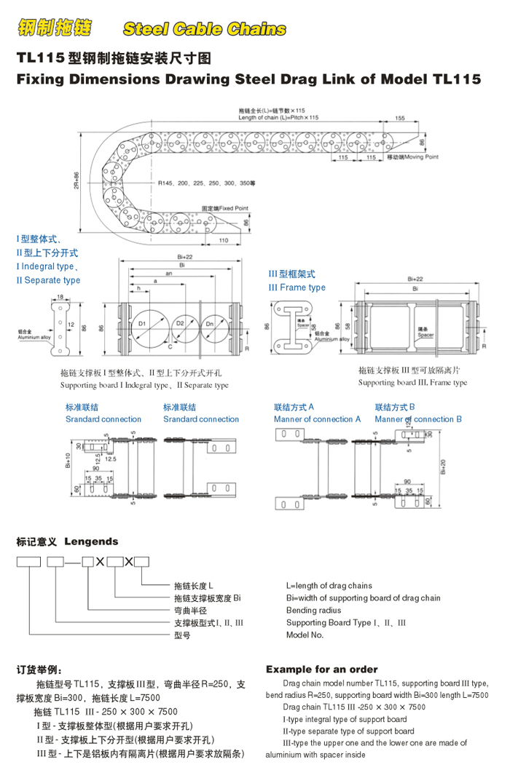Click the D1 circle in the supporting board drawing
click(143, 325)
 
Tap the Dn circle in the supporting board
click(212, 325)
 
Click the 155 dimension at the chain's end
click(400, 118)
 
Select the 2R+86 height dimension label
click(76, 181)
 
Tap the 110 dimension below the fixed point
click(224, 240)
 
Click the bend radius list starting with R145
click(206, 183)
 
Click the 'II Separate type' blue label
click(48, 280)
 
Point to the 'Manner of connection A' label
click(317, 419)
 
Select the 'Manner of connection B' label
click(418, 419)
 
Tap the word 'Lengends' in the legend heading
click(91, 541)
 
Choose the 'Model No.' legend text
click(305, 635)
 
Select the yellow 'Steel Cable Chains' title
click(205, 29)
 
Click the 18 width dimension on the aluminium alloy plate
click(60, 296)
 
